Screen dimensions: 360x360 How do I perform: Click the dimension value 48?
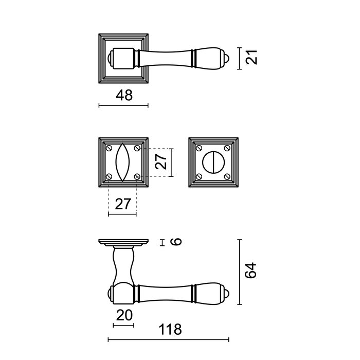tap(124, 95)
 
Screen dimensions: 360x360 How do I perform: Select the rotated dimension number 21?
tap(251, 58)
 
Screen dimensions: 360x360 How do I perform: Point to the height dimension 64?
tap(250, 272)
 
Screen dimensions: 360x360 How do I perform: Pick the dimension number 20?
tap(122, 315)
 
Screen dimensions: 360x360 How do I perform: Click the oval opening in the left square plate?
tap(122, 162)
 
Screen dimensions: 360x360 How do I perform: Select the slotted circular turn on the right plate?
tap(213, 162)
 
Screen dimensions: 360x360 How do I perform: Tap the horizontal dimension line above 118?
tap(168, 339)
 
